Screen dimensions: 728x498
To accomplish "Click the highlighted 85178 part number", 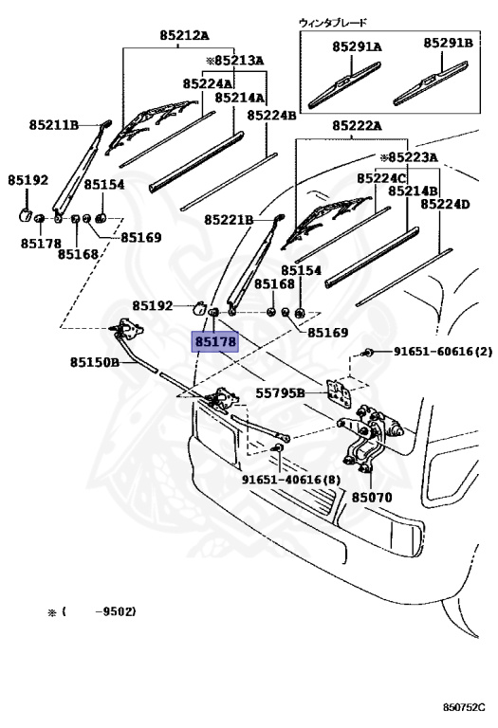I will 215,341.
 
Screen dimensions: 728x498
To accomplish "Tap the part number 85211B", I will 54,124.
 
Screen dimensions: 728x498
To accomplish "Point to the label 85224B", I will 271,115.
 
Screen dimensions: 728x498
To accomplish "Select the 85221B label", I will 230,220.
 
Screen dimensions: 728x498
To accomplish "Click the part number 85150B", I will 94,362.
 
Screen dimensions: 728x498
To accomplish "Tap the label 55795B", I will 281,392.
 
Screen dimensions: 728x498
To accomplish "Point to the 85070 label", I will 371,497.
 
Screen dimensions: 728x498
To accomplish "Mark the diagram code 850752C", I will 465,707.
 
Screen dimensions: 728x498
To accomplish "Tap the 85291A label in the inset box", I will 357,45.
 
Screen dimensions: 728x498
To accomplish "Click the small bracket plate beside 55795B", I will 337,393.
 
